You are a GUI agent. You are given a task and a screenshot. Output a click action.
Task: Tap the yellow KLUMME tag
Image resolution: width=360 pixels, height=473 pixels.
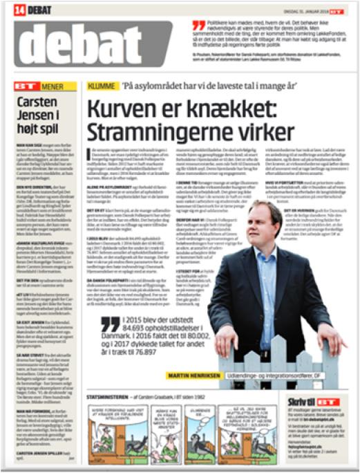[97, 89]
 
